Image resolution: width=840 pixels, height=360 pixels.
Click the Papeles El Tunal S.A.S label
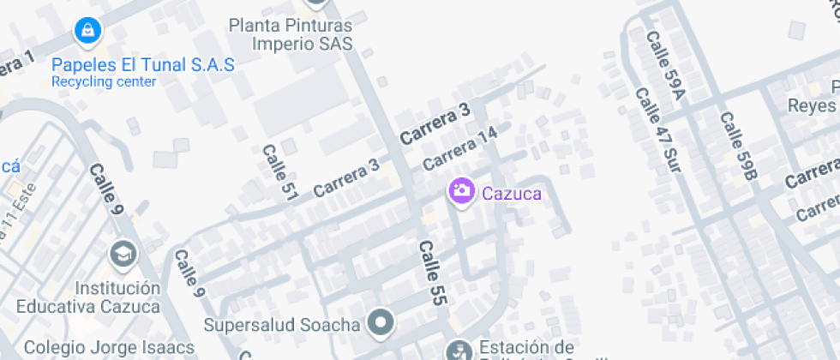[x=142, y=65]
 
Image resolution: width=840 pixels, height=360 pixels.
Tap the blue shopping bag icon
[x=87, y=32]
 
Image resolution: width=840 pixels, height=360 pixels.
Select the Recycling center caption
[x=104, y=82]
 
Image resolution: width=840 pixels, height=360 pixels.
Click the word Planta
[x=254, y=26]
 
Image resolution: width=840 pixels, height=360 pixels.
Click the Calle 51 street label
[x=279, y=173]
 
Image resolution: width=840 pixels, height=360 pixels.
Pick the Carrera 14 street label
[x=460, y=147]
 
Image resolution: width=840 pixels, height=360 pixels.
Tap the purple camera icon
[x=461, y=192]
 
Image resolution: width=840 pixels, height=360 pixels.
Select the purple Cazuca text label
[x=512, y=194]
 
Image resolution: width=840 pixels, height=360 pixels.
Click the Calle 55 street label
[x=432, y=272]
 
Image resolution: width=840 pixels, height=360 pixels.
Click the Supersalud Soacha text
[x=282, y=325]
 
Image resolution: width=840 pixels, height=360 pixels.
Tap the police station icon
[x=457, y=350]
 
